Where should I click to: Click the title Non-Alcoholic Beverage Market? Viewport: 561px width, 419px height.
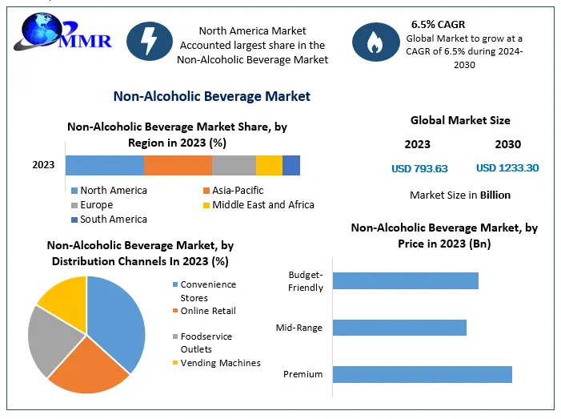click(211, 96)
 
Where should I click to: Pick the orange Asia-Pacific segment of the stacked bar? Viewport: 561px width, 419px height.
click(178, 165)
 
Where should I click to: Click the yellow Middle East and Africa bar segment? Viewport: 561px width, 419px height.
click(269, 165)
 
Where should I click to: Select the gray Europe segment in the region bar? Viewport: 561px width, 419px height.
click(234, 165)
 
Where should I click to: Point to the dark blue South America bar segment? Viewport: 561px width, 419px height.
click(291, 165)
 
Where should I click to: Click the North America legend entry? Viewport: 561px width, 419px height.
click(113, 191)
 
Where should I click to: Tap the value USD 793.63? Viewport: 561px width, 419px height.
click(419, 168)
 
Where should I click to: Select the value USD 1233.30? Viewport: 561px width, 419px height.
click(507, 168)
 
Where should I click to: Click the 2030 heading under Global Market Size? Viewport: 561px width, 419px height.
click(507, 145)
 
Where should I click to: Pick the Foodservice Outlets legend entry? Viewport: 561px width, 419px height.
click(206, 343)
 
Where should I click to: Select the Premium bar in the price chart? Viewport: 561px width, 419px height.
click(422, 374)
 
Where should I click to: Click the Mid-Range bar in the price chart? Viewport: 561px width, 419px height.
click(399, 328)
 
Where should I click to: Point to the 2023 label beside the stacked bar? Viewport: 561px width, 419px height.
click(43, 165)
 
